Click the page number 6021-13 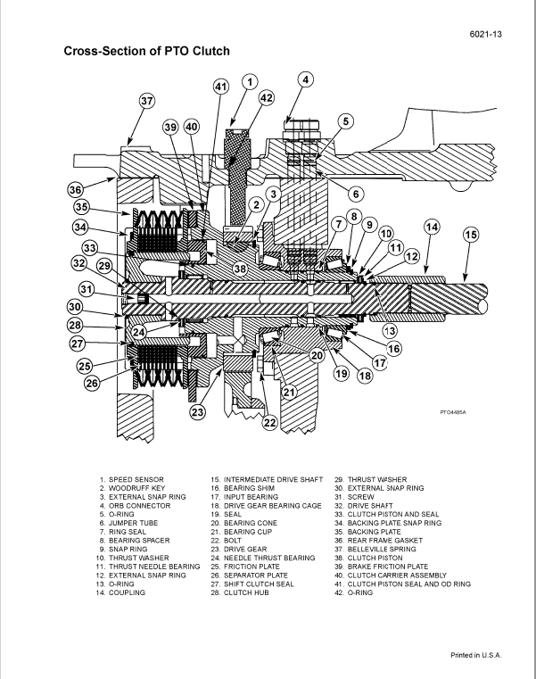point(487,34)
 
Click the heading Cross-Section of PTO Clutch point(146,51)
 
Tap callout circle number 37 point(147,101)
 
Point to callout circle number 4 point(305,80)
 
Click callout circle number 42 point(267,97)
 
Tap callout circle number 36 point(78,188)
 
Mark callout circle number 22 point(270,423)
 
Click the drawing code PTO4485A point(453,412)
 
